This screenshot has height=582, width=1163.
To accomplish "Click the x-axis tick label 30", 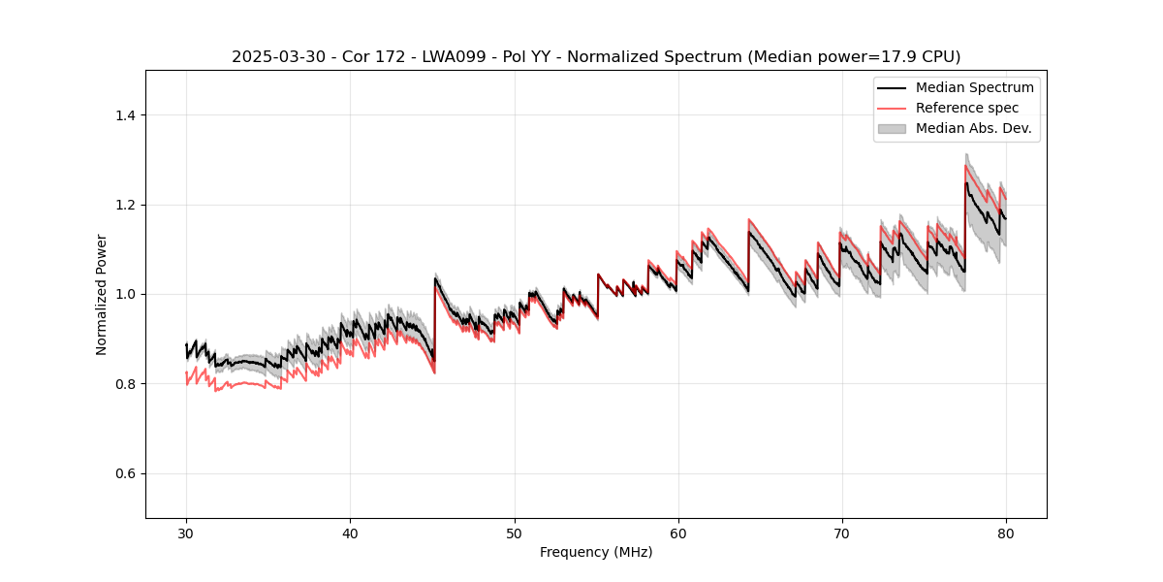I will click(x=186, y=533).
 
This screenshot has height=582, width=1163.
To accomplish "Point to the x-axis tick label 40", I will click(x=350, y=533).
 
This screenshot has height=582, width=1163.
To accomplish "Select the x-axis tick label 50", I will click(x=514, y=533).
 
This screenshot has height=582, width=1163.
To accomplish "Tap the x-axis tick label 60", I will click(x=678, y=533).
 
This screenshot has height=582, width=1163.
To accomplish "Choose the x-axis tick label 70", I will click(x=842, y=533).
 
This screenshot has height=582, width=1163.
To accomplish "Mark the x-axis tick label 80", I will click(x=1006, y=533).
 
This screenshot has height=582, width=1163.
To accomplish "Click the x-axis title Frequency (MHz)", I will click(x=596, y=552).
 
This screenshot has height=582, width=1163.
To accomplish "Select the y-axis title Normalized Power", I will click(x=102, y=294).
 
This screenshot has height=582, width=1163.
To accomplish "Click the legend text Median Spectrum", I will click(x=974, y=87).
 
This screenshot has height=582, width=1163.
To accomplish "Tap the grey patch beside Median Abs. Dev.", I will click(x=892, y=128).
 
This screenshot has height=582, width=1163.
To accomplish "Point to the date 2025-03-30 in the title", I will click(x=275, y=57).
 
